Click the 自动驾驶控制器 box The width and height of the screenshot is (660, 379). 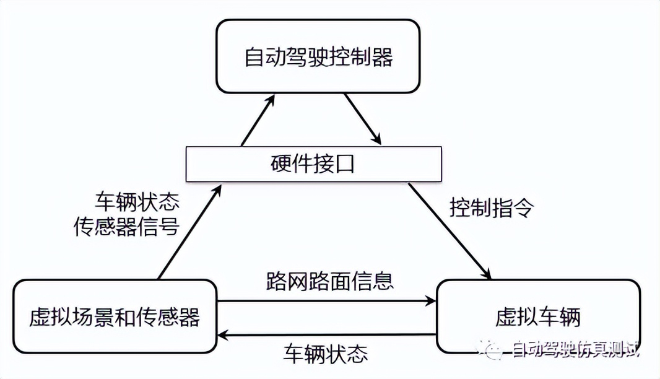pos(318,57)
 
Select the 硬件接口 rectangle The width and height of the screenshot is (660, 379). pos(314,165)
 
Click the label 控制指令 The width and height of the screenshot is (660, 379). pos(492,207)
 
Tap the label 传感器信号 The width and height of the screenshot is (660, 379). pos(127,228)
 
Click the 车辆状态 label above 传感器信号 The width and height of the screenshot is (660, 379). pos(136,201)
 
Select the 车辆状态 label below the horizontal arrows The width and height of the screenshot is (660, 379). pos(326,354)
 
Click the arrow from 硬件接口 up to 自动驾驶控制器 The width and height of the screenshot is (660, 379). pos(256,122)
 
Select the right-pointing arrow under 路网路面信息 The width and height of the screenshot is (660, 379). pos(328,302)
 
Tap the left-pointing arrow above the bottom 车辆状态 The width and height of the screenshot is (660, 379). pos(328,335)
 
